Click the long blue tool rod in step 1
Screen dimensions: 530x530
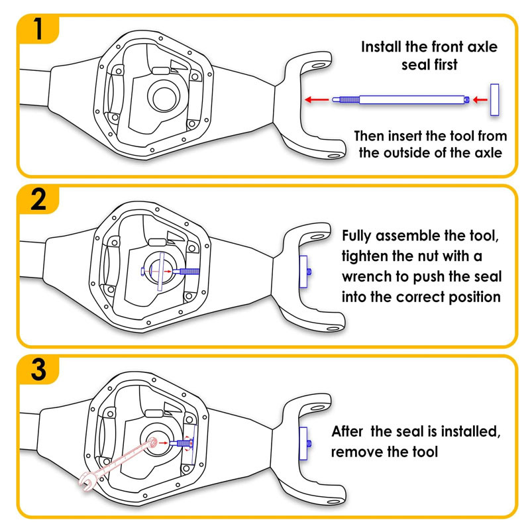pos(398,99)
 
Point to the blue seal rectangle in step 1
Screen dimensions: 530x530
pos(494,100)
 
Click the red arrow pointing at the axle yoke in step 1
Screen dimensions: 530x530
pos(315,99)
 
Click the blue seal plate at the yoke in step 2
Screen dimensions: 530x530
pos(304,272)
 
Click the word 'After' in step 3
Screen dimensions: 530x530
pos(348,433)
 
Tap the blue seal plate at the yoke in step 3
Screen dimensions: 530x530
pos(303,442)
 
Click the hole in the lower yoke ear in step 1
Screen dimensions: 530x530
pos(333,156)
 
